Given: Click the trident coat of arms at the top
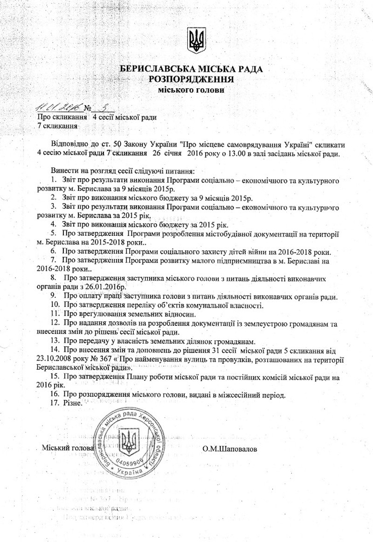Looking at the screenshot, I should point(195,40).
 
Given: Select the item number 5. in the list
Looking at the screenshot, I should point(54,232).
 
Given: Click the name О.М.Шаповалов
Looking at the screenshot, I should point(230,449).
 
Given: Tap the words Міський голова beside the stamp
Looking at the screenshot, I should point(68,448).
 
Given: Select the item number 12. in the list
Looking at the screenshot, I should point(55,323).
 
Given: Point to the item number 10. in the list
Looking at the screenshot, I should point(55,305).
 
